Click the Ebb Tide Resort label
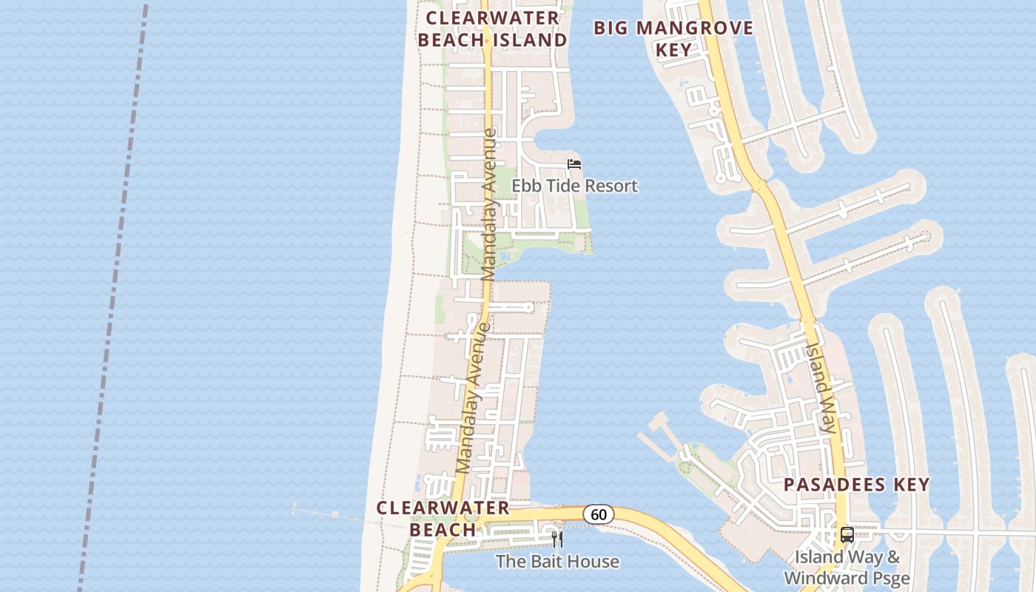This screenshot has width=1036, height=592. pos(574,186)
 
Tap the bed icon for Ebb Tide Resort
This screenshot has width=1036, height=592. pos(574,164)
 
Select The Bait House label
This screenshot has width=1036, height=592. pos(557,562)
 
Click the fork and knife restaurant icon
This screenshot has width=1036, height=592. pos(557,539)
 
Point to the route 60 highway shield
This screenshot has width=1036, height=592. pos(598,514)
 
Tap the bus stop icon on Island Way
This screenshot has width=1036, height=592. pos(847,534)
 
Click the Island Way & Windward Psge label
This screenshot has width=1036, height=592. pos(847,567)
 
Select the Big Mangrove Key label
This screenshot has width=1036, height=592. pos(673,39)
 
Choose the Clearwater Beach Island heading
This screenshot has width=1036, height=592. pos(492,29)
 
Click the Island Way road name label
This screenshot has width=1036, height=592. pos(821,387)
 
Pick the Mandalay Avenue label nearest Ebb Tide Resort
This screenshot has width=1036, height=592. pos(489,205)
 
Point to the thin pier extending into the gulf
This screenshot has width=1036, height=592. pos(329,515)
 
